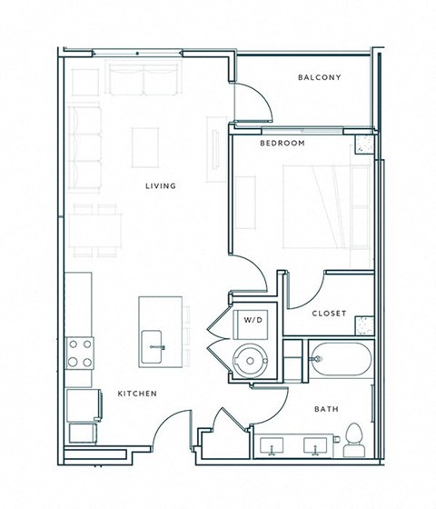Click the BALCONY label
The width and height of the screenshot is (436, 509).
319,77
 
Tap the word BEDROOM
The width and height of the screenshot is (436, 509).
282,144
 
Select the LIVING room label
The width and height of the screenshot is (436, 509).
160,186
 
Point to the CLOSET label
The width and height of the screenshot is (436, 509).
329,314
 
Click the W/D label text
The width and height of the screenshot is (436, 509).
251,321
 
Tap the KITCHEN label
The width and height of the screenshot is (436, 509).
137,394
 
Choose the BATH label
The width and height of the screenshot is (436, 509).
327,410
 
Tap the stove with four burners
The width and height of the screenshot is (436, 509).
81,352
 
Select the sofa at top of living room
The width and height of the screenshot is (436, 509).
144,79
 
